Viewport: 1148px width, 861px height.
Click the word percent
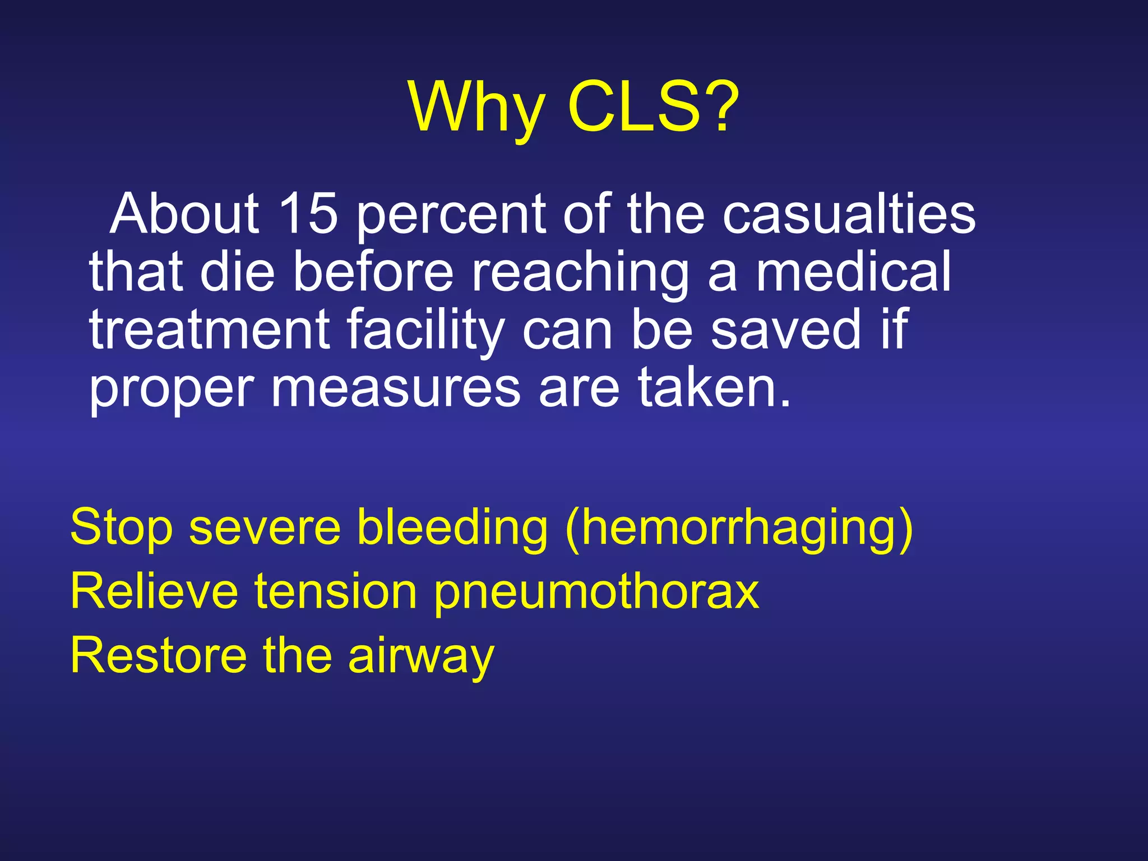click(451, 215)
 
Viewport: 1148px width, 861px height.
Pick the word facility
click(426, 331)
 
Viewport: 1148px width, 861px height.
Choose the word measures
click(396, 388)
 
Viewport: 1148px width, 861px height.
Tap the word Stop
click(121, 527)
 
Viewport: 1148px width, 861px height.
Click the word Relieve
click(154, 591)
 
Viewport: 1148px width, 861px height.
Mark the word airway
click(421, 656)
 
